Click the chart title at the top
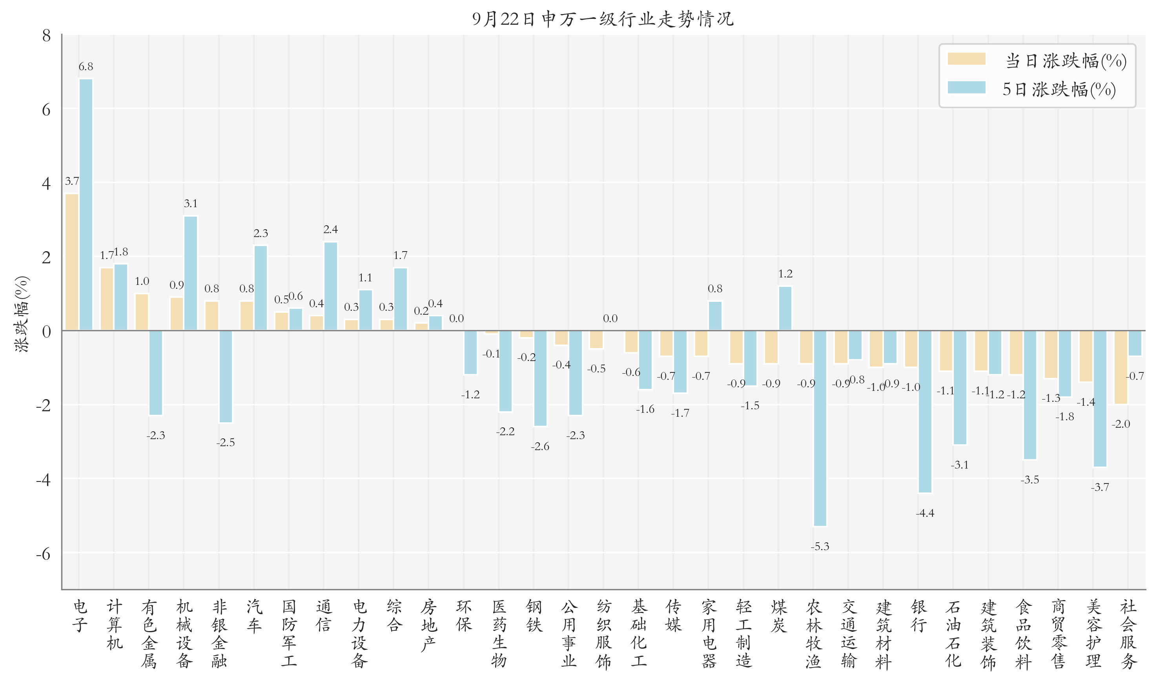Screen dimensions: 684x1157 point(603,19)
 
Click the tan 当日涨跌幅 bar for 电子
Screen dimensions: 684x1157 point(72,262)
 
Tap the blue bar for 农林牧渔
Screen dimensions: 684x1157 point(820,428)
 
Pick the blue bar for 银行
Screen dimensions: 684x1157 point(925,412)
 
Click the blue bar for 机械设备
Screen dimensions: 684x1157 point(191,273)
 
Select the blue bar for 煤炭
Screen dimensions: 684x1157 point(785,308)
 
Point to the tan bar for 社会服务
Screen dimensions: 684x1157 point(1121,367)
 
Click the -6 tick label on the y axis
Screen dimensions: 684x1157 point(43,554)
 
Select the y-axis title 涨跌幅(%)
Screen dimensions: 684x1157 point(22,314)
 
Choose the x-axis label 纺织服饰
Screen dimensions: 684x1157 point(604,634)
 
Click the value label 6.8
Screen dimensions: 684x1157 point(86,67)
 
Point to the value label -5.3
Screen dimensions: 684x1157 point(820,547)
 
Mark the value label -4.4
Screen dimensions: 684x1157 point(925,513)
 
